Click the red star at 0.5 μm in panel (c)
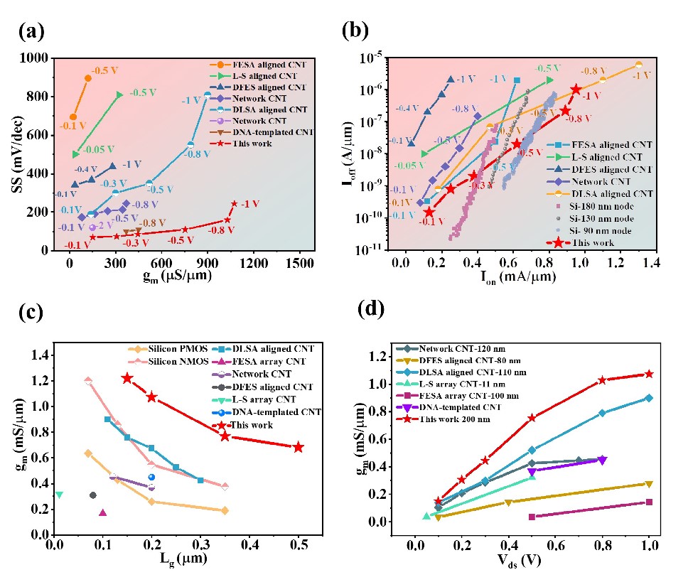[299, 447]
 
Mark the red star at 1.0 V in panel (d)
[649, 374]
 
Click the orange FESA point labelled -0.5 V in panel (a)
[88, 78]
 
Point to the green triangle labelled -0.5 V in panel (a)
[119, 95]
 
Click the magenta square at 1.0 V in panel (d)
[649, 502]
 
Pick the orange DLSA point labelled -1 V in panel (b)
[638, 65]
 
